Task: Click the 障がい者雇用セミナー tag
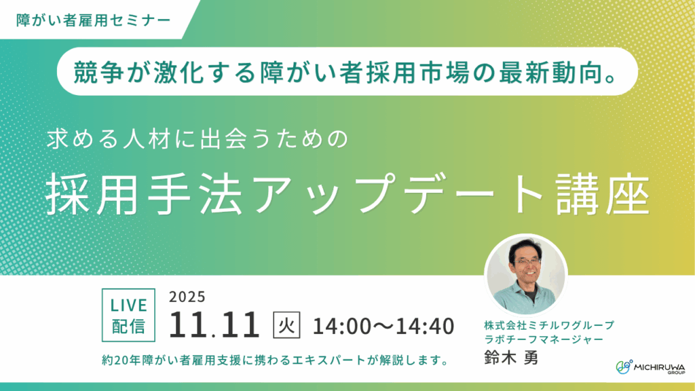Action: pos(93,19)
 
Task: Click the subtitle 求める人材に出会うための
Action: pos(197,139)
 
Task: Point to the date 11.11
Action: pos(214,325)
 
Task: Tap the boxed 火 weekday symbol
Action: pos(284,324)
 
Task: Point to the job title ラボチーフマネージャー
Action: pos(540,339)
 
